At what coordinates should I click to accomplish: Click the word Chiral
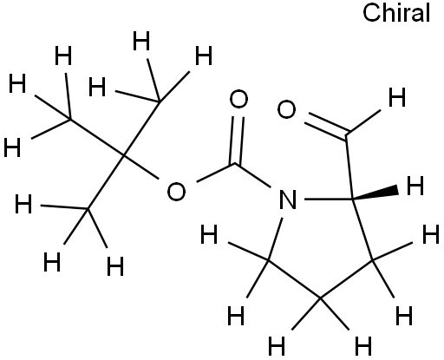tap(396, 13)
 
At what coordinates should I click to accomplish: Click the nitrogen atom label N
tap(288, 200)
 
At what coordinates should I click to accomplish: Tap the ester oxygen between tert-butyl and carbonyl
tap(176, 192)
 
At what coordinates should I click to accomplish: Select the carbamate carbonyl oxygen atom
tap(238, 99)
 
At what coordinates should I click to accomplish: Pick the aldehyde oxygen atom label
tap(286, 109)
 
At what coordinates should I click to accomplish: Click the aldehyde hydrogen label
tap(397, 97)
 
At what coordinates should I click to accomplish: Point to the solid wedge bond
tap(375, 194)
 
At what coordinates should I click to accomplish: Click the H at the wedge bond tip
tap(415, 186)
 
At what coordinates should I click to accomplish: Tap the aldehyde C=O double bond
tap(326, 125)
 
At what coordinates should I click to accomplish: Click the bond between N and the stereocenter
tap(329, 200)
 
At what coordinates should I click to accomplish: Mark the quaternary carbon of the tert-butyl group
tap(123, 156)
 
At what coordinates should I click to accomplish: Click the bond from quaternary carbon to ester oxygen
tap(141, 167)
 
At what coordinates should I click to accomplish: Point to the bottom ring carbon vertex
tap(320, 298)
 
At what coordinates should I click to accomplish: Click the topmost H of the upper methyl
tap(141, 41)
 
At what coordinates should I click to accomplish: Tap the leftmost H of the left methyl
tap(12, 147)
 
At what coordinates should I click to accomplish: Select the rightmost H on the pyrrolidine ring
tap(431, 235)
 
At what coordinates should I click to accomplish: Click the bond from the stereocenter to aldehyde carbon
tap(349, 167)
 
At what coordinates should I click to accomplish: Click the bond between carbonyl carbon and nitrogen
tap(252, 176)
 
